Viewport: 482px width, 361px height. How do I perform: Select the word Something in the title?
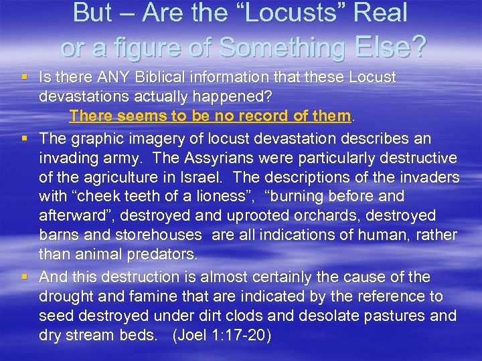[279, 47]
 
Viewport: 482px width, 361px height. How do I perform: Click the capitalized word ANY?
[112, 78]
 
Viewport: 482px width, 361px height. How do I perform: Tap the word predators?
[164, 255]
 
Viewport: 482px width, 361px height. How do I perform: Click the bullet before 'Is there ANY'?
[25, 78]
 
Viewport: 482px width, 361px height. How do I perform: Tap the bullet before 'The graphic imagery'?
[25, 138]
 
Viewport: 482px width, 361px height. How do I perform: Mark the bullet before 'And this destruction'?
[25, 277]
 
